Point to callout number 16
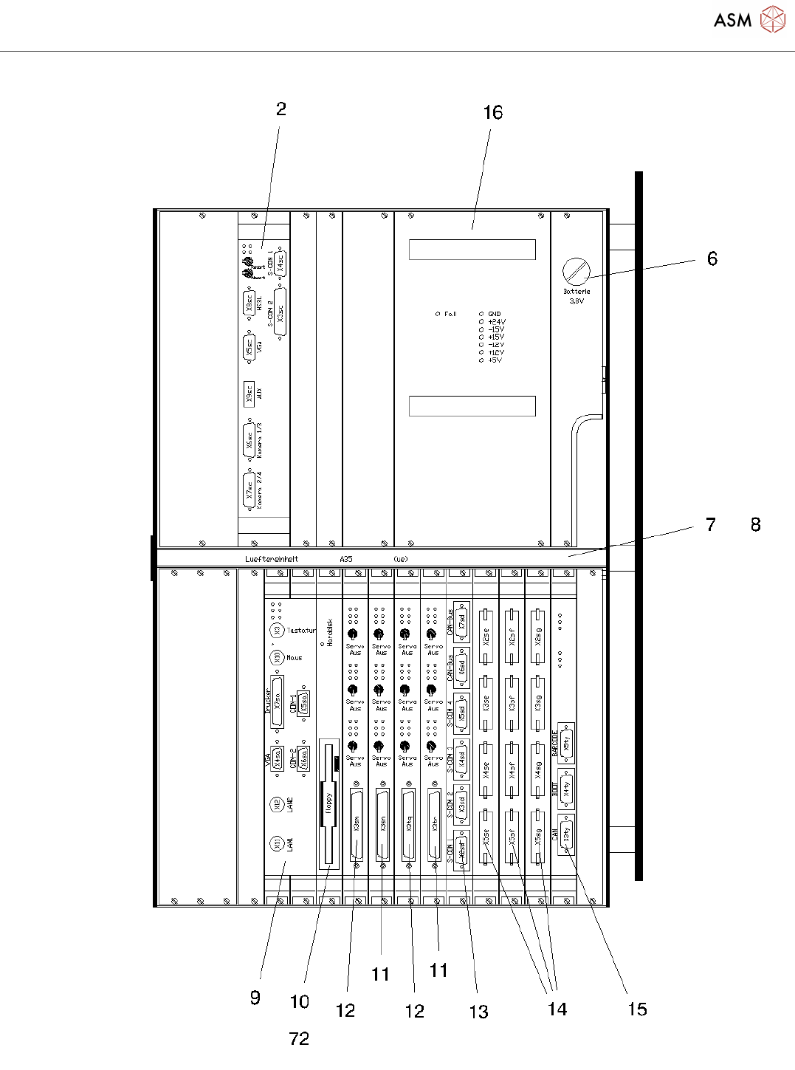point(492,113)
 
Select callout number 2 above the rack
point(281,109)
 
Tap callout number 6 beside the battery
point(712,258)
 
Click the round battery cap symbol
point(576,272)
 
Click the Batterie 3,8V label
point(577,296)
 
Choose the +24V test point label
point(497,322)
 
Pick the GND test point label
point(495,314)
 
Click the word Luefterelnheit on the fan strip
point(272,559)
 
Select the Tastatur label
point(301,631)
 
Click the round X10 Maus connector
point(278,657)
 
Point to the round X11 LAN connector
point(276,843)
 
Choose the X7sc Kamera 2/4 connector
point(249,490)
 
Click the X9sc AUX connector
point(249,394)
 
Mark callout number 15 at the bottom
point(636,1009)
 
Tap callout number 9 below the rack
point(255,998)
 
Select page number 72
point(299,1039)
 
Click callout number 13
point(478,1012)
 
